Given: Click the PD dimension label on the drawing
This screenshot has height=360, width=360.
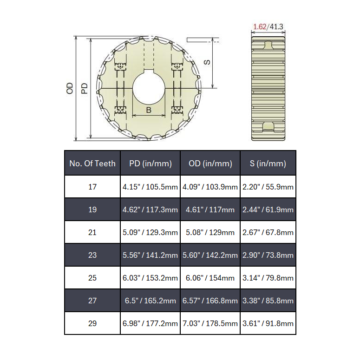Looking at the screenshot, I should [85, 88].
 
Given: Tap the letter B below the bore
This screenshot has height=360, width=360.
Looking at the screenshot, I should [149, 110].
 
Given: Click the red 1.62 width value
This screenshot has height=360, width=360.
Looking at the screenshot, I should [259, 27].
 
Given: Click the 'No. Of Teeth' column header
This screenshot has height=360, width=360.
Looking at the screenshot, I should [92, 164].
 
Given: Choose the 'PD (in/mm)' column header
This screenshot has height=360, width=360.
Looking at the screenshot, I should [150, 164].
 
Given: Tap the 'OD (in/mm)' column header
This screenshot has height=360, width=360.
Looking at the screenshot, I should [210, 164].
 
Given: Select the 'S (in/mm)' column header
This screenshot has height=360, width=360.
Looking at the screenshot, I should [268, 164].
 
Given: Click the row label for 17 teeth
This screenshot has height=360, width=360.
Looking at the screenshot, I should [92, 187].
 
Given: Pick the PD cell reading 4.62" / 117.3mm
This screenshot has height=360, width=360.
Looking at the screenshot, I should [150, 209].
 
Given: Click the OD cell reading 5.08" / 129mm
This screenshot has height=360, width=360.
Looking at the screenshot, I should [210, 232].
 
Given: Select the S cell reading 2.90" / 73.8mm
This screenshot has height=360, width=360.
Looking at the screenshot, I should [268, 255].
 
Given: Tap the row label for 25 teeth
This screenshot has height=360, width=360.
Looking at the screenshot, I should [92, 278].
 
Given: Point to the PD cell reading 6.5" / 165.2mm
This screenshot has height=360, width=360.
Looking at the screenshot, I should [150, 301].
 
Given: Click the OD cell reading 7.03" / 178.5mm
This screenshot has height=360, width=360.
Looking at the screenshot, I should [210, 323].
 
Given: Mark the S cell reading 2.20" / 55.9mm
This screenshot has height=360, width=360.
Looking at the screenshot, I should [268, 187].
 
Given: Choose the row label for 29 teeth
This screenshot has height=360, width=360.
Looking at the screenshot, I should [92, 323].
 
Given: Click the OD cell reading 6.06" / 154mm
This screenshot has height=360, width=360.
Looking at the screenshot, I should [210, 278].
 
